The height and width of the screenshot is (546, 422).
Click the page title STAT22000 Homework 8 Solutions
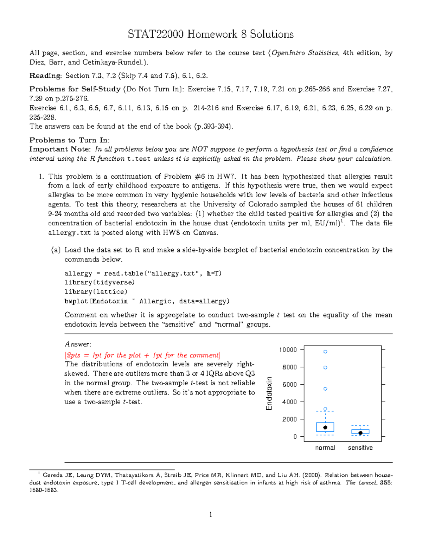coord(211,34)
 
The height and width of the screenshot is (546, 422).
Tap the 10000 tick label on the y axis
coord(288,350)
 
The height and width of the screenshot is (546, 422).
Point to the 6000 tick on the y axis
coord(289,385)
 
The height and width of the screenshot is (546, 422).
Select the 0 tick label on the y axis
coord(295,437)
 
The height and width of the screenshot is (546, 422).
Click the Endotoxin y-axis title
coord(269,393)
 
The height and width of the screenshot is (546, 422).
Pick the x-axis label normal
coord(325,448)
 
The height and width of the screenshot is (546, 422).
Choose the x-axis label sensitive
coord(360,448)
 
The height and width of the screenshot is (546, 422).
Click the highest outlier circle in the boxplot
coord(325,352)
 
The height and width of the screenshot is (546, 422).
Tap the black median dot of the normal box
coord(325,428)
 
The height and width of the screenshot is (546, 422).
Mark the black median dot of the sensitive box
coord(360,433)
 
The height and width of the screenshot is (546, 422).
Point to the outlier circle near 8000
coord(325,367)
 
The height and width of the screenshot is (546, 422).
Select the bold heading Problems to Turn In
coord(69,140)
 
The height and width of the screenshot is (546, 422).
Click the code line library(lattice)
coord(96,292)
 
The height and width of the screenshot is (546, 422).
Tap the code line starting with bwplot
coord(147,301)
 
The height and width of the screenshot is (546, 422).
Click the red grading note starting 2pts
coord(142,355)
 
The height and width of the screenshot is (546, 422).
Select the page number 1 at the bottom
coord(211,515)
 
